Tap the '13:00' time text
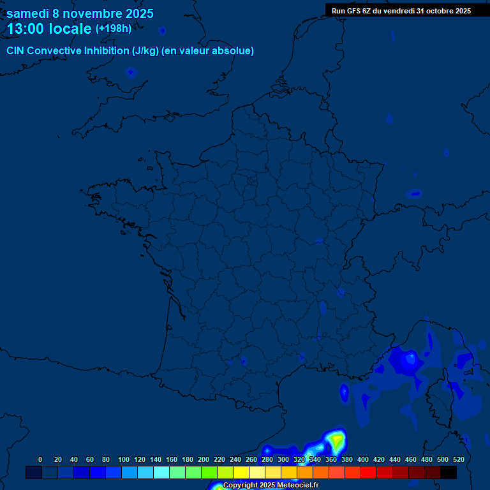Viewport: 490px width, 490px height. [x=26, y=29]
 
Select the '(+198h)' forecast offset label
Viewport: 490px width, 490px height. [x=113, y=29]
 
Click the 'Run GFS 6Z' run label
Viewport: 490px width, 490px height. [x=351, y=11]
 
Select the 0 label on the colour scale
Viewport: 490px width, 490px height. [x=40, y=459]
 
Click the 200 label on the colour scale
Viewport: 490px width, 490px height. [x=204, y=459]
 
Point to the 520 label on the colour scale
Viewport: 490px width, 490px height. [x=458, y=459]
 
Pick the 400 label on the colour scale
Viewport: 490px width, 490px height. [x=362, y=459]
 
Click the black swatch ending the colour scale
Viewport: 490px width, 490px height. [x=449, y=472]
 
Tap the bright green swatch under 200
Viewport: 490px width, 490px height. [x=209, y=472]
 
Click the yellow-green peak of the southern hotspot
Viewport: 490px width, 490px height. [x=337, y=440]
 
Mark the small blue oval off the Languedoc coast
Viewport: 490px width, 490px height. [x=345, y=392]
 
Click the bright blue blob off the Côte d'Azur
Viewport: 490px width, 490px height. [x=408, y=360]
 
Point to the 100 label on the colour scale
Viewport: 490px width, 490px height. [x=123, y=459]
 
